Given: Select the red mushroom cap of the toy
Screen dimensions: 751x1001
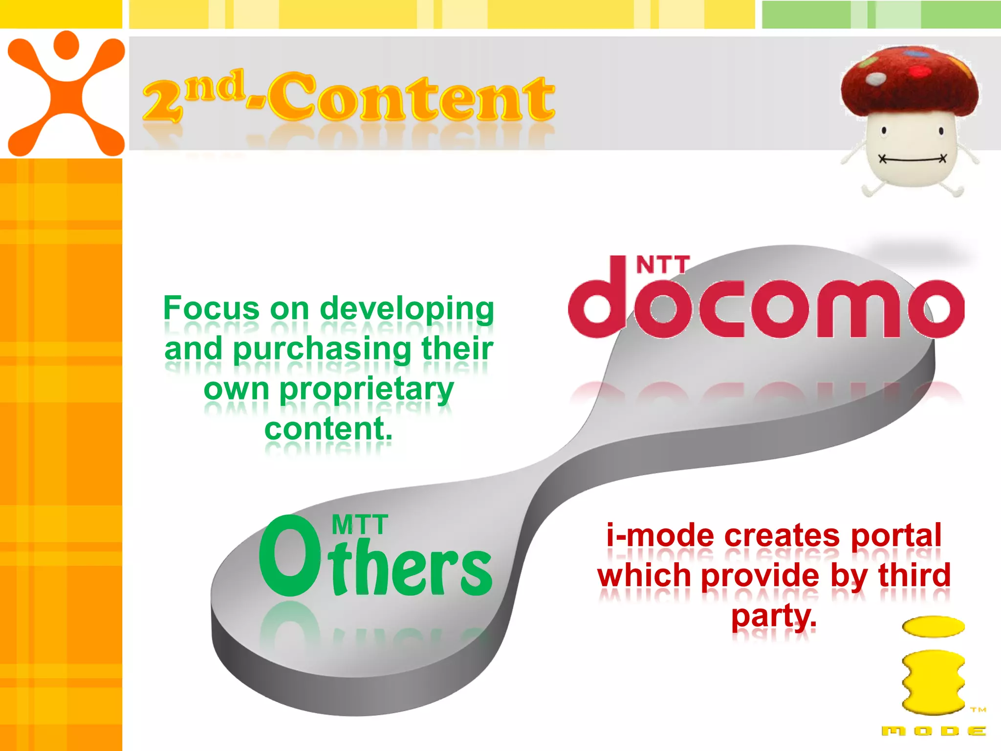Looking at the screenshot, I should tap(909, 81).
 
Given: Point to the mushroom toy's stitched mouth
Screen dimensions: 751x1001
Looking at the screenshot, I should tap(912, 159).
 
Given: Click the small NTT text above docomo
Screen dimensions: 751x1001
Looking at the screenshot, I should tap(663, 265).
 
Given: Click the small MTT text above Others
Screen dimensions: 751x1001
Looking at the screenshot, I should tap(360, 525).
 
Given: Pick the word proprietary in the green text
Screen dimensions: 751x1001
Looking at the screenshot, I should tap(367, 390).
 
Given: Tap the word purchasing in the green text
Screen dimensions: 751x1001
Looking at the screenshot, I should tap(323, 350).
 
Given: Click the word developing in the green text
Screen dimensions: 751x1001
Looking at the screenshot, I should tap(407, 309).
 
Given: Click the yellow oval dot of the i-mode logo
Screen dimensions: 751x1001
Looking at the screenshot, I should tap(933, 626).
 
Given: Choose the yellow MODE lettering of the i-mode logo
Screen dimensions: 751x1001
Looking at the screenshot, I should tap(934, 731).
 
